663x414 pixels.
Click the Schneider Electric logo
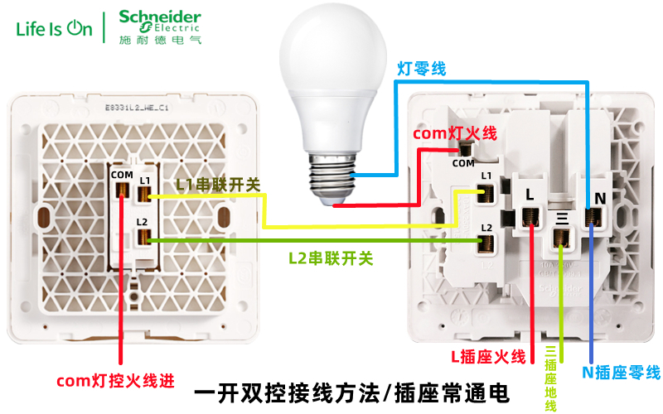click(159, 26)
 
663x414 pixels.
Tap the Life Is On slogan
click(55, 28)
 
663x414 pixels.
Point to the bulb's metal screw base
click(331, 176)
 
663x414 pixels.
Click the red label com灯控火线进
click(115, 382)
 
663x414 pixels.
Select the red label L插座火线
click(488, 357)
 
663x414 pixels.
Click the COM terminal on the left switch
click(122, 191)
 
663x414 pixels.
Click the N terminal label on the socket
click(601, 197)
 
